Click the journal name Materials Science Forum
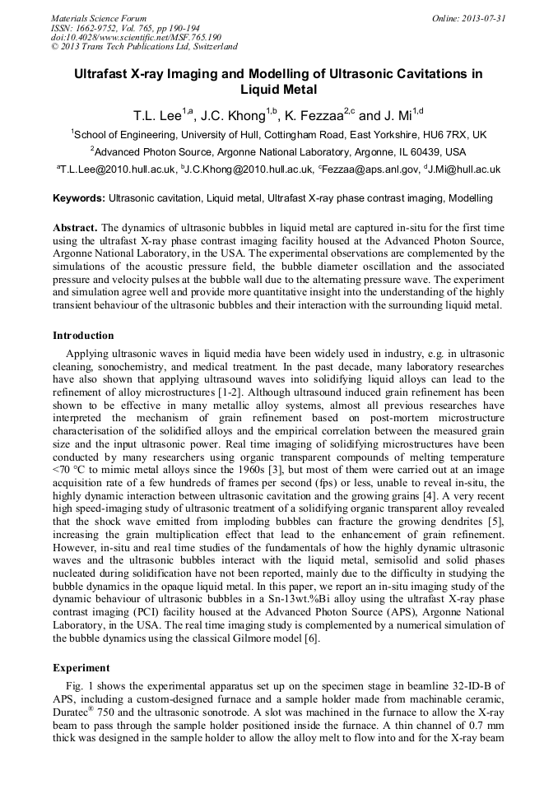(x=99, y=17)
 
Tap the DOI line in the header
(x=136, y=37)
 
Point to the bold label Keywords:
(x=79, y=198)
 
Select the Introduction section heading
(x=83, y=336)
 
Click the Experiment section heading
(x=81, y=667)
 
